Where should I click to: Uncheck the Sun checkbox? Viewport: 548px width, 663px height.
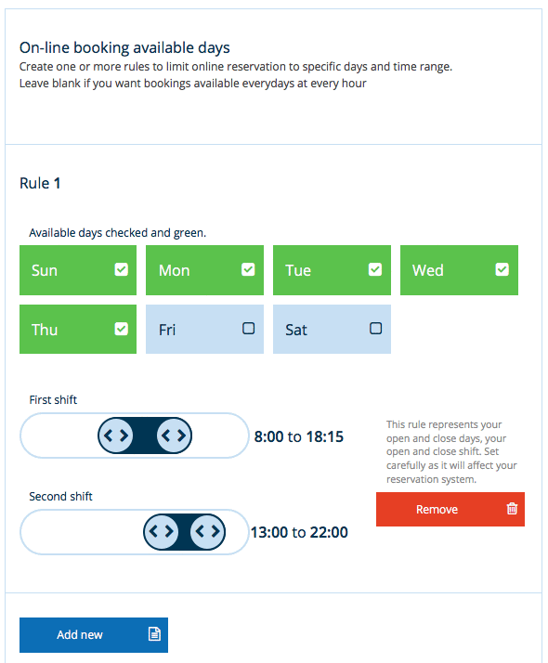[x=122, y=269]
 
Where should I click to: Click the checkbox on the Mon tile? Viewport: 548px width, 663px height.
[x=248, y=269]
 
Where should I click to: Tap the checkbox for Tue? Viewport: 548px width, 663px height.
[x=375, y=269]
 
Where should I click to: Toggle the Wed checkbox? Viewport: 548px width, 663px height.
[x=502, y=269]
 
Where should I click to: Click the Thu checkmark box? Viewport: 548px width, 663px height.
[x=122, y=329]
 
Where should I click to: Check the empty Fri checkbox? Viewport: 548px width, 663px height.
[x=248, y=329]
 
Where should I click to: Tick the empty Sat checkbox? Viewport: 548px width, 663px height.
[x=375, y=329]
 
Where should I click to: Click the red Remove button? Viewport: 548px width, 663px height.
[x=450, y=509]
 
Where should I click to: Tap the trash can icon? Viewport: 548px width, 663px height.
[x=512, y=508]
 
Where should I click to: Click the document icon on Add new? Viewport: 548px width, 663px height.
[x=154, y=634]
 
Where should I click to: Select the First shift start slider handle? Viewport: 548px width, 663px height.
[x=115, y=435]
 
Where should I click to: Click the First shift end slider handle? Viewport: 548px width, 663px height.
[x=174, y=435]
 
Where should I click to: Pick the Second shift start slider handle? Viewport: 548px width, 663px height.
[x=161, y=531]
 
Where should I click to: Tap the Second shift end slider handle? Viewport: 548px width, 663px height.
[x=208, y=531]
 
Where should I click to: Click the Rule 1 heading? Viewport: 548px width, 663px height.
[x=40, y=184]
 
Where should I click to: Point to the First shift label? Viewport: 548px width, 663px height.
[x=53, y=400]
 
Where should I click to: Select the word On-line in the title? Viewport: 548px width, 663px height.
[x=45, y=47]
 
